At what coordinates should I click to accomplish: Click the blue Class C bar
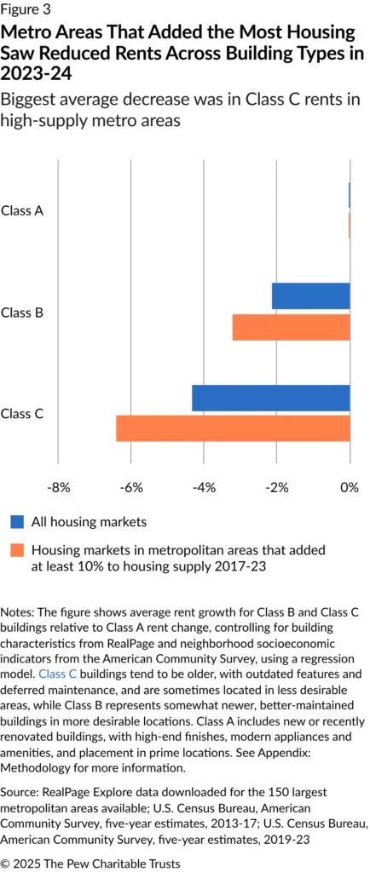271,398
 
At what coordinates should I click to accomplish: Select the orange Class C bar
233,428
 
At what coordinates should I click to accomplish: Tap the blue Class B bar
310,296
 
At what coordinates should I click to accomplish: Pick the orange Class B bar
291,327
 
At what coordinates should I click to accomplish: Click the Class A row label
22,210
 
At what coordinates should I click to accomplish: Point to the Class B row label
22,313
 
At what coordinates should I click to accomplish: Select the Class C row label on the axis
22,414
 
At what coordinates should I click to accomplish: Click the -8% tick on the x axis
58,488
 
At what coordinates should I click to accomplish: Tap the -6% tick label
130,488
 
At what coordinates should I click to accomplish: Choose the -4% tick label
204,488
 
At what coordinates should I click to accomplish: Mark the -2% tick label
277,488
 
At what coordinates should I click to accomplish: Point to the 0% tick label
350,488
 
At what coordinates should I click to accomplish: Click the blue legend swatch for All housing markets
16,521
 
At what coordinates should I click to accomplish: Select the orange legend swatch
16,550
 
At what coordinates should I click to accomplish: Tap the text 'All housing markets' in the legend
89,521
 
